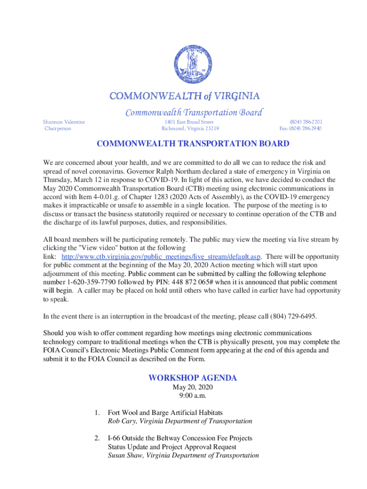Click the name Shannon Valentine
click(64, 122)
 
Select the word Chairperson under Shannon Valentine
click(58, 128)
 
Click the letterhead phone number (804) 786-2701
click(306, 122)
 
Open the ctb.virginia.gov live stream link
click(161, 256)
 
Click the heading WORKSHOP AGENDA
click(193, 378)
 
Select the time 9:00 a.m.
click(193, 395)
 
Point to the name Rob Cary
click(123, 421)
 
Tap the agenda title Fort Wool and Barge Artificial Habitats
click(165, 412)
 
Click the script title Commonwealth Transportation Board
click(194, 113)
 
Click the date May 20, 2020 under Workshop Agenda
click(193, 387)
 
